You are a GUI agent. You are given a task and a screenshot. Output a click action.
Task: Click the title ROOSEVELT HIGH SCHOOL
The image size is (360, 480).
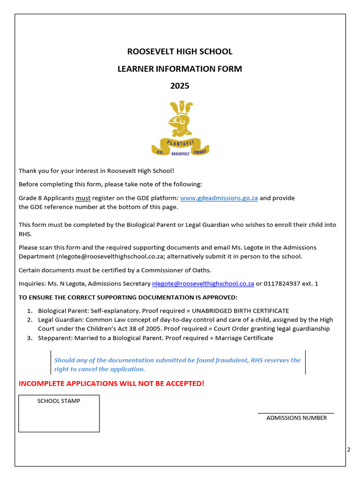180,52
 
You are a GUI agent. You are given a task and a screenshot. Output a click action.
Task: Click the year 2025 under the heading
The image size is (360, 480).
180,86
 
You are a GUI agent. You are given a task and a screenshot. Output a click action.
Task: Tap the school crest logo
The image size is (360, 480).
180,128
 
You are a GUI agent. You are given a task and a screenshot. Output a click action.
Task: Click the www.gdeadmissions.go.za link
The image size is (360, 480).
219,198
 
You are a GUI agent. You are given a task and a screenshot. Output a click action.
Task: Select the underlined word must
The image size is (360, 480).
83,198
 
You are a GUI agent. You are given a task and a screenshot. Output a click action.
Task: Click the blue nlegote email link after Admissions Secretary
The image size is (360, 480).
203,284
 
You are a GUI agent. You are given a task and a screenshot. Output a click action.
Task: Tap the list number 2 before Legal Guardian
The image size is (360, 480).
29,320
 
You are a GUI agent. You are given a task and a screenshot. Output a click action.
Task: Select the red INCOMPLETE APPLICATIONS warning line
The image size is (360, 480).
112,383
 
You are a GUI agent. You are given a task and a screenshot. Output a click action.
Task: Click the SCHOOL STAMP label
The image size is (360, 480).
59,401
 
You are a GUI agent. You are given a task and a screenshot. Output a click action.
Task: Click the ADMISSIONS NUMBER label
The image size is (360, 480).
296,418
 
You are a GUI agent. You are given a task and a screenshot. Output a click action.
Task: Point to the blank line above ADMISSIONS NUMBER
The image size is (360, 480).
296,413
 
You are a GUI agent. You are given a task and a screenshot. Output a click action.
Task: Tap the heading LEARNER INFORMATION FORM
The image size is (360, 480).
180,69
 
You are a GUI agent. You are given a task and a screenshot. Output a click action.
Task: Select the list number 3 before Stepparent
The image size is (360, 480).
29,338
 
